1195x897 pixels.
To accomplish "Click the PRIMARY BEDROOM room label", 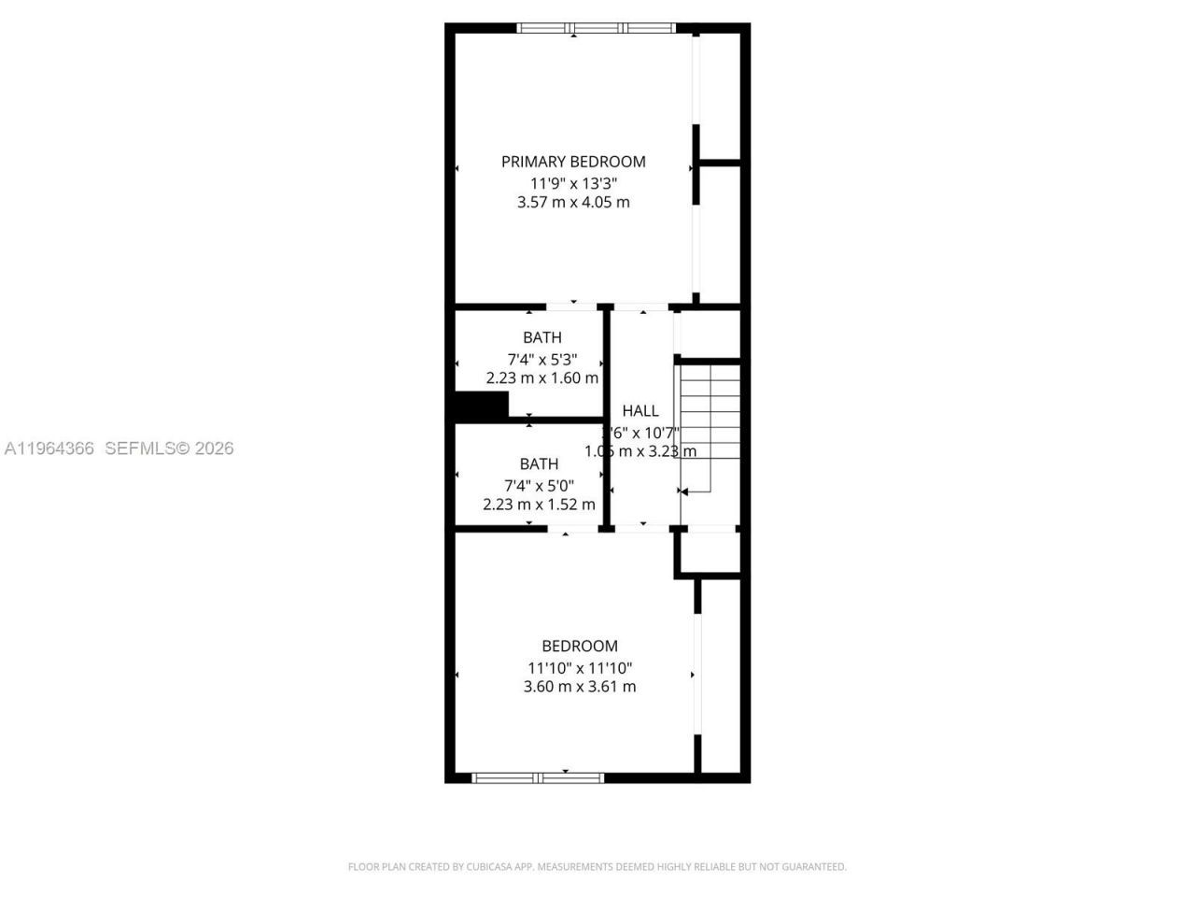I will [573, 162].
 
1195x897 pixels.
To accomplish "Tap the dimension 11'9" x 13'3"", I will [573, 184].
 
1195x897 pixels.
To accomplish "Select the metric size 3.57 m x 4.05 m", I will [573, 202].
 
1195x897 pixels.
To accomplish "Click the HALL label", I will [640, 410].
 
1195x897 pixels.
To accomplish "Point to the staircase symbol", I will [710, 425].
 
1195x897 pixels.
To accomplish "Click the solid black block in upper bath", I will [481, 406].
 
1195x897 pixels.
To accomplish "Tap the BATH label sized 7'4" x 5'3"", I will [542, 337].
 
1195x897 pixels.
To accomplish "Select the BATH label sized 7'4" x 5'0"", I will [539, 463].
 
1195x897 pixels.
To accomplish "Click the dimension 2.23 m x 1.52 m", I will [539, 505].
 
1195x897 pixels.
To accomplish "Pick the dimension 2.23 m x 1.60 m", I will [542, 378].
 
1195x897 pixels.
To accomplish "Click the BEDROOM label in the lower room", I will [580, 646].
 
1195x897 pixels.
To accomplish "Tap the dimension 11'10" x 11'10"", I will [580, 668].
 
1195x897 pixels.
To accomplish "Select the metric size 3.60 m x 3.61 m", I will [580, 687].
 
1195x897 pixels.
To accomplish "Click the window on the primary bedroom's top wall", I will [597, 28].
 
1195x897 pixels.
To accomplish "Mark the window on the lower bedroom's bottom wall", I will [538, 777].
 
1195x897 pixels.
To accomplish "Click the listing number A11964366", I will [49, 448].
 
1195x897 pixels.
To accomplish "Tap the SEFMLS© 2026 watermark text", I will [169, 448].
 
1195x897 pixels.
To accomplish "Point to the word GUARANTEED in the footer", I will [816, 867].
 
